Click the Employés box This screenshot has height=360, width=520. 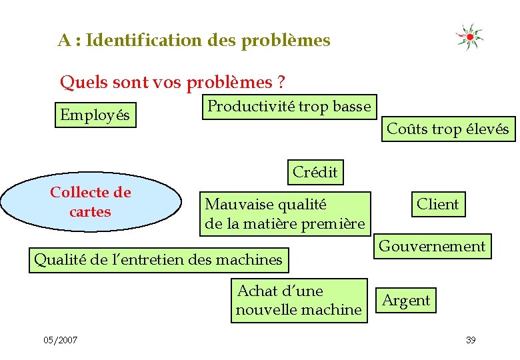tap(95, 115)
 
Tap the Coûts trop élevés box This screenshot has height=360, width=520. tap(447, 129)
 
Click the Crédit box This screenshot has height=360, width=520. tap(315, 172)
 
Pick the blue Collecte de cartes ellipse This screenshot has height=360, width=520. tap(91, 202)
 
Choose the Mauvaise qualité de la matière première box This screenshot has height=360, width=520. tap(285, 214)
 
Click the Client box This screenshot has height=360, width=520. tap(437, 204)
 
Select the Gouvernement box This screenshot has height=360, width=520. tap(432, 246)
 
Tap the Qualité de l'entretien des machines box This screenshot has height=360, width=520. tap(158, 259)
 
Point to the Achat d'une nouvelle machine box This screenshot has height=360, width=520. tap(299, 301)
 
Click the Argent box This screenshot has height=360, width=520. tap(406, 300)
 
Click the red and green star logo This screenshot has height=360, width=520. tap(469, 37)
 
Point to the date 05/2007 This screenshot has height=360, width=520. tap(61, 341)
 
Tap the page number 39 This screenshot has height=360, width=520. tap(471, 341)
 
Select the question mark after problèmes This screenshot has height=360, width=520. tap(281, 83)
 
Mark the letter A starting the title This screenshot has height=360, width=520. tap(64, 41)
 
